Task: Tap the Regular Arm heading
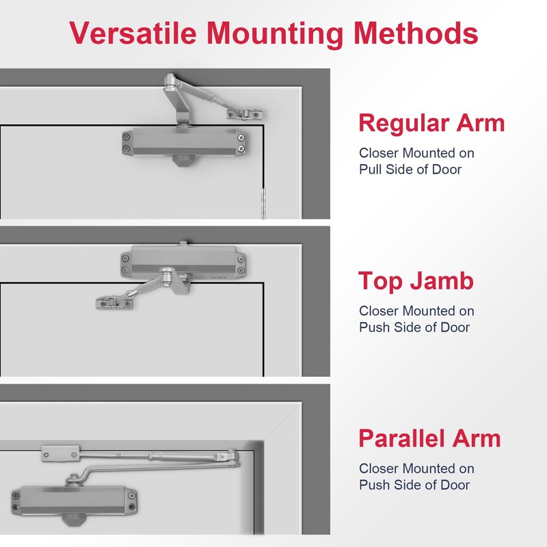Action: pyautogui.click(x=431, y=123)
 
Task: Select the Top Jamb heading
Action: pyautogui.click(x=416, y=281)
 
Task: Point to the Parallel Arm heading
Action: pyautogui.click(x=429, y=438)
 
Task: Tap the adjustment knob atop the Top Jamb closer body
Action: pyautogui.click(x=184, y=244)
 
